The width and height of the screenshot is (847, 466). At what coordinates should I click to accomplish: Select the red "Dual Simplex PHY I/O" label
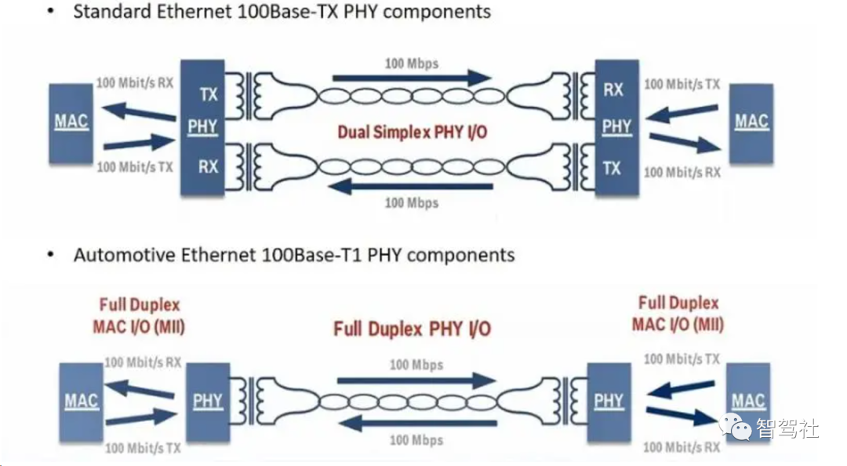[413, 132]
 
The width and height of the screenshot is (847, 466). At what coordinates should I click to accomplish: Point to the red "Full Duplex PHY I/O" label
[413, 329]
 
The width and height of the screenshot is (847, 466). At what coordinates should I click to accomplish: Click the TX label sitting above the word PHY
[209, 95]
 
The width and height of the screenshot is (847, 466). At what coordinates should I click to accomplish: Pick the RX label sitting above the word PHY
[613, 89]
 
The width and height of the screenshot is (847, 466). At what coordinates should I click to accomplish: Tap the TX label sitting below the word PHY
[612, 169]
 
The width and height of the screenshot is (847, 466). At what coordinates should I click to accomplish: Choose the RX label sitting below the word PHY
[208, 166]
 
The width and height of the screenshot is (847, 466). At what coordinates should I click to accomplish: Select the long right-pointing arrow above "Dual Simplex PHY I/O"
[412, 78]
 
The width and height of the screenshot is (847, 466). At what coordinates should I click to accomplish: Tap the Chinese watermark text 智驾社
[787, 428]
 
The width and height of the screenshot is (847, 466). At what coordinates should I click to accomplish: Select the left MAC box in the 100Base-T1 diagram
[81, 402]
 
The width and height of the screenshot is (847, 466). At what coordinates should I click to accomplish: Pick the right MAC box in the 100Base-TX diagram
[751, 123]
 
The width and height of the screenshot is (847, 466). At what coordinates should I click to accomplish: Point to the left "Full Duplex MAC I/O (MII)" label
[139, 315]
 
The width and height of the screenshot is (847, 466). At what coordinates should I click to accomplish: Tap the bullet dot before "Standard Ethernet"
[51, 11]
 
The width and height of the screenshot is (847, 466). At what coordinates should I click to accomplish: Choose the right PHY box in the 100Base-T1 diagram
[609, 402]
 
